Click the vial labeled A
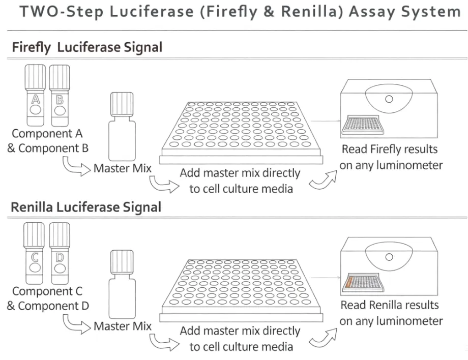(35, 97)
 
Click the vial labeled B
(60, 97)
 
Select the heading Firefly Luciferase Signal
(87, 48)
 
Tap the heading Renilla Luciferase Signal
(86, 207)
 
